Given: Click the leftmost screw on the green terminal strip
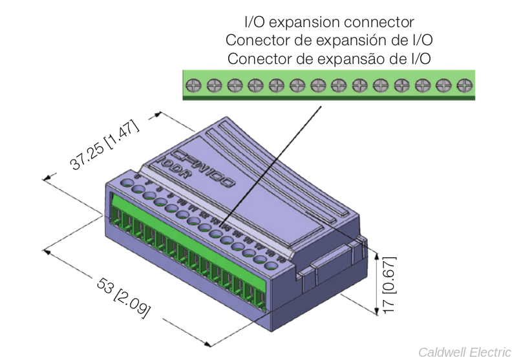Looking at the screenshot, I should pyautogui.click(x=193, y=85).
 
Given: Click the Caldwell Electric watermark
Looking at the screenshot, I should pyautogui.click(x=464, y=352).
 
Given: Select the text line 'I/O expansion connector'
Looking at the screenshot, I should pyautogui.click(x=328, y=23).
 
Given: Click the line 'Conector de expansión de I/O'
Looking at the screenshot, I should pyautogui.click(x=328, y=40).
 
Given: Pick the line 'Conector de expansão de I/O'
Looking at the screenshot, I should pyautogui.click(x=328, y=58).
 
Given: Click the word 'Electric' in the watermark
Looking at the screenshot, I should pyautogui.click(x=486, y=352).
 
